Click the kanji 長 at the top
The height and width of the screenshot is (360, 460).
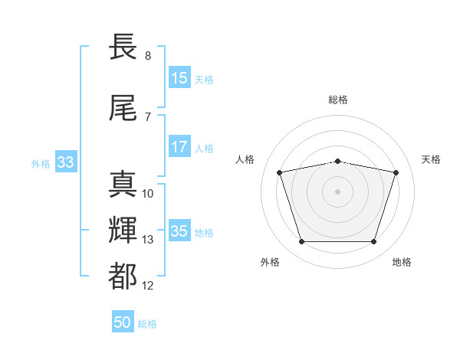point(123,46)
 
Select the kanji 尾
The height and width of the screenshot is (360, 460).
point(123,108)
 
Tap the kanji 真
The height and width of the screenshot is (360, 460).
point(123,184)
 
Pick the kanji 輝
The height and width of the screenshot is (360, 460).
point(123,230)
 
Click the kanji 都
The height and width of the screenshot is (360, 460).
point(123,277)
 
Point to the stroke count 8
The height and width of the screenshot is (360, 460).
point(148,56)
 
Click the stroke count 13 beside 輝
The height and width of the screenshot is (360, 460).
point(147,240)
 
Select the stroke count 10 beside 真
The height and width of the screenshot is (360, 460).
point(147,194)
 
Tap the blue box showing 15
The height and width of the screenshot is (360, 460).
point(180,77)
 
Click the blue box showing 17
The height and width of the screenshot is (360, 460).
point(180,146)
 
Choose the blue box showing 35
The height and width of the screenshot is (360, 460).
point(180,230)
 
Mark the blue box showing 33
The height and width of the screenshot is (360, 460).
point(66,162)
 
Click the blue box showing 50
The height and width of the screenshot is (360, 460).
point(123,321)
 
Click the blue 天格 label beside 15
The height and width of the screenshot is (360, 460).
point(204,80)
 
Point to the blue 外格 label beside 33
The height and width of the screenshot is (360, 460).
point(41,164)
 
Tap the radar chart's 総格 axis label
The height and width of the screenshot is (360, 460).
point(338,100)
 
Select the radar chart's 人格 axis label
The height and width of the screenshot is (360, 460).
point(245,159)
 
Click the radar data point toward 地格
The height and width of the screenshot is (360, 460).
point(373,241)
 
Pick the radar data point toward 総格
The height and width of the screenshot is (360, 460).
point(338,162)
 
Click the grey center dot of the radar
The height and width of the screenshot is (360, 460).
point(337,191)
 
